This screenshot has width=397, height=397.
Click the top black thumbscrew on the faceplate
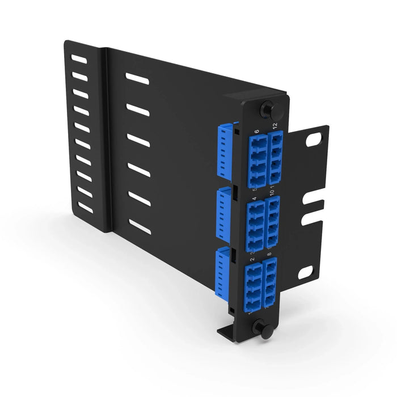pyautogui.click(x=265, y=108)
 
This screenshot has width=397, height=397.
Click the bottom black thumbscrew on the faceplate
pyautogui.click(x=263, y=328)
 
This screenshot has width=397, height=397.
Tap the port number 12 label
pyautogui.click(x=274, y=126)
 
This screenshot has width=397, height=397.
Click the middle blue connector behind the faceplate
pyautogui.click(x=223, y=213)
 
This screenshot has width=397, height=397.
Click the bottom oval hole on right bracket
pyautogui.click(x=305, y=273)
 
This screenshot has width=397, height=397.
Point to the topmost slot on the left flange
pyautogui.click(x=79, y=59)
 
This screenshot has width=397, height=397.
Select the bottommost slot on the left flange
pyautogui.click(x=85, y=208)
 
